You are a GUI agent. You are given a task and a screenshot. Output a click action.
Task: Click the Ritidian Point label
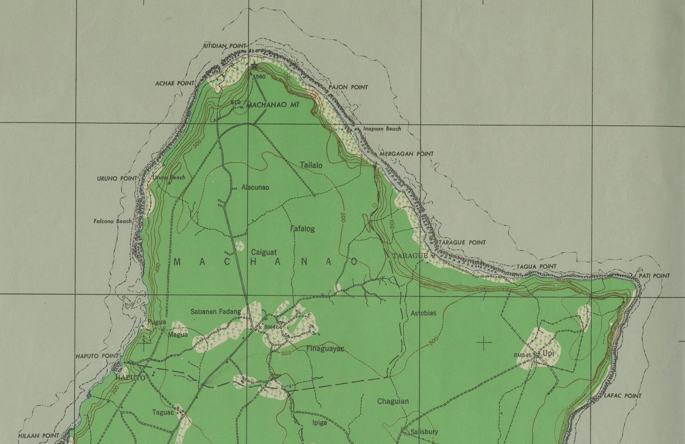tap(225, 46)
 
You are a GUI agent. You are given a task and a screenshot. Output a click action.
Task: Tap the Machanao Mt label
tap(273, 104)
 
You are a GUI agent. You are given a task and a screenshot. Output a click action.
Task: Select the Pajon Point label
tap(348, 87)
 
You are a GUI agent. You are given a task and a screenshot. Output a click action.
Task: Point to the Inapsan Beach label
tap(382, 128)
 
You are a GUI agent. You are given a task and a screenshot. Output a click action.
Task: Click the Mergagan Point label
tap(406, 154)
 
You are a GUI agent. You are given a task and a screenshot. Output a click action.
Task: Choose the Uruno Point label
tap(117, 178)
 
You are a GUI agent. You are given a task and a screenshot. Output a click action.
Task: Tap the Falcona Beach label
tap(113, 221)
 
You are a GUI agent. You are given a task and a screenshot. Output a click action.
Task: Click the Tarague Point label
tap(462, 242)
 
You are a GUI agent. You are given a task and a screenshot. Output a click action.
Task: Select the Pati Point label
tap(654, 276)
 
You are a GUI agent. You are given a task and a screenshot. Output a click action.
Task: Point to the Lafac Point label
tap(622, 396)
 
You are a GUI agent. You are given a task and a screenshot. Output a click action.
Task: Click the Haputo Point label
tap(97, 356)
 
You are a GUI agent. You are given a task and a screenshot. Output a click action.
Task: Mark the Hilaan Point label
tap(39, 435)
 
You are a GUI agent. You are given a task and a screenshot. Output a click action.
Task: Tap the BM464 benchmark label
tap(273, 327)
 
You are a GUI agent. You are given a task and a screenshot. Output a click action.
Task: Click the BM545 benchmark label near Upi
tap(522, 355)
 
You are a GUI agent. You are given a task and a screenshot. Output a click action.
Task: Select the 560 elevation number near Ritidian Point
tap(260, 77)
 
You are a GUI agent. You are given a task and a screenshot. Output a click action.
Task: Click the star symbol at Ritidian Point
tap(255, 66)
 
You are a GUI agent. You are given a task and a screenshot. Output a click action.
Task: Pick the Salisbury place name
tap(424, 432)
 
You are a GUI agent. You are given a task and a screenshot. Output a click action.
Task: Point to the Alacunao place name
tap(255, 187)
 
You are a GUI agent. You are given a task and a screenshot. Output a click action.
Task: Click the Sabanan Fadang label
tap(216, 312)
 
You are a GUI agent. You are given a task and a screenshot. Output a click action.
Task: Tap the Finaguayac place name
tap(325, 349)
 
